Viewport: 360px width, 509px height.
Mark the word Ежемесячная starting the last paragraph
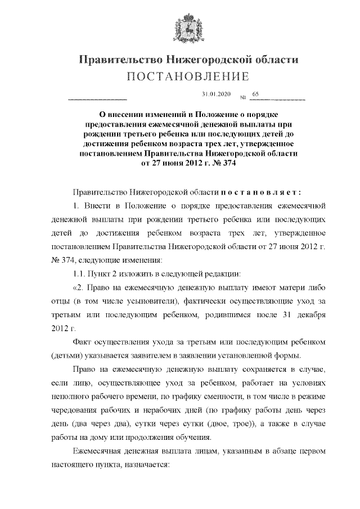[100, 453]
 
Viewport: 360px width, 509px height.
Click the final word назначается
[152, 466]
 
